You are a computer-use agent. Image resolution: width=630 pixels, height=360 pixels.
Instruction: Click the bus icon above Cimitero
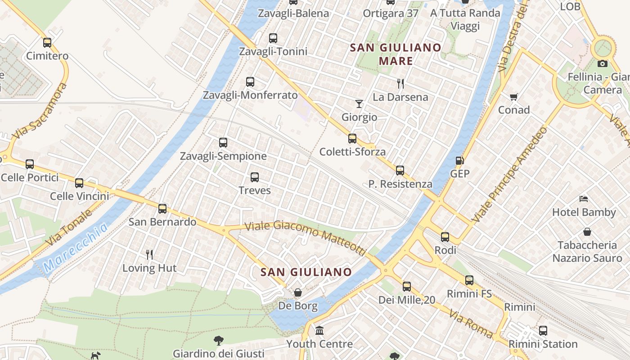coord(47,43)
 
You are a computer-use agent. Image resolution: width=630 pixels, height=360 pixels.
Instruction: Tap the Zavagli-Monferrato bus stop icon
coord(250,82)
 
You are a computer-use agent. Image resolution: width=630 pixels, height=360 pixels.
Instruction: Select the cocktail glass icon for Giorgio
coord(359,104)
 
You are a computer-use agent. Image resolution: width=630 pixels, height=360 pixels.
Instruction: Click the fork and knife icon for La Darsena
coord(400,83)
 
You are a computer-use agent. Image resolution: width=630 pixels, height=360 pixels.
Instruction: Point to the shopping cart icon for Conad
coord(513,97)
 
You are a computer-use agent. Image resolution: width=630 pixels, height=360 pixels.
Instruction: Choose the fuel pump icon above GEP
coord(459,160)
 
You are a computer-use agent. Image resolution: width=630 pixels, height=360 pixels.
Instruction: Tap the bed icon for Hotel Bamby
coord(584,198)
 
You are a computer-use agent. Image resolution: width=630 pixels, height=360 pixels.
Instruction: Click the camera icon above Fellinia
coord(603,63)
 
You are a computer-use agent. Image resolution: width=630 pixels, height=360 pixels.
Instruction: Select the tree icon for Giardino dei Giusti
coord(219,340)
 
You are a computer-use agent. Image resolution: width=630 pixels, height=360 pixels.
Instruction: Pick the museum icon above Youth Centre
coord(319,331)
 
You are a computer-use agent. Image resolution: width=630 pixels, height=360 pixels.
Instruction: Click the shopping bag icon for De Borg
coord(297,293)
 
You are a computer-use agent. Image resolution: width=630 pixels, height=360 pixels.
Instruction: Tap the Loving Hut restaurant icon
coord(149,255)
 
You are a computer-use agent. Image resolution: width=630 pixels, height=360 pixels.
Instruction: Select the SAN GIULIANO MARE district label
coord(396,54)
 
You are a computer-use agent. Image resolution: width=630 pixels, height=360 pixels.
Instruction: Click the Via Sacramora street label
coord(40,110)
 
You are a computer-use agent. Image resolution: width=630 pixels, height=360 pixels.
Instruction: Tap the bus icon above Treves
coord(255,177)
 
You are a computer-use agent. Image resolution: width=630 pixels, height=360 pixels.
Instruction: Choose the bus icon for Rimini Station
coord(543,331)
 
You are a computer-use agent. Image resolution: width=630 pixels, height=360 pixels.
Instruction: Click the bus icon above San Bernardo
coord(162,209)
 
